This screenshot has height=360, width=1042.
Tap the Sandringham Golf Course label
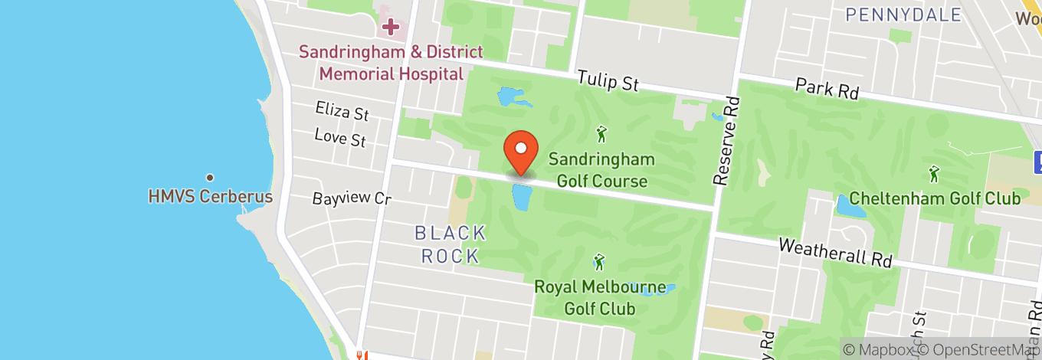pos(601,170)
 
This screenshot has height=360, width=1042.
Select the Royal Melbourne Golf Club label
pos(599,298)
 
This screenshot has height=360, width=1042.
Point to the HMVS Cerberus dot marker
pos(209,177)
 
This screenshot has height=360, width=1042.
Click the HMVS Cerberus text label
pos(210,197)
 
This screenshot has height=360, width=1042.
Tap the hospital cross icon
pos(391,28)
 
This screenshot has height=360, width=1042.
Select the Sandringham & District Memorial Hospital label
pos(391,63)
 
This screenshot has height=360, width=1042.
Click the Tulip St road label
pos(608,80)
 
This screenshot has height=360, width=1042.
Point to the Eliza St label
pos(342,112)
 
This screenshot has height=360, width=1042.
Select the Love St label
pos(340,138)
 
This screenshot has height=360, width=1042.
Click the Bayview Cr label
pos(352,198)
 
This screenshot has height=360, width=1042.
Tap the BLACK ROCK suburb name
pos(451,244)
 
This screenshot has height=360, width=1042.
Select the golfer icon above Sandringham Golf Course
pos(601,135)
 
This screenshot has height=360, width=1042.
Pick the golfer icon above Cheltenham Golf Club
pos(933,174)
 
